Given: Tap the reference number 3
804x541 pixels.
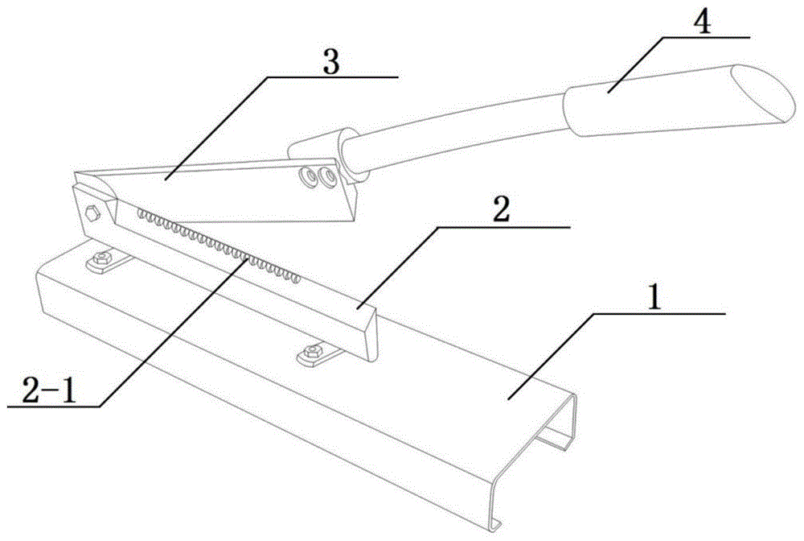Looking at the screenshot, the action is (x=331, y=63).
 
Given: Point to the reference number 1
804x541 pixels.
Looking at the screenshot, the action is (x=654, y=297).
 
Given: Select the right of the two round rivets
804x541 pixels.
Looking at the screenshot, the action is (x=326, y=176).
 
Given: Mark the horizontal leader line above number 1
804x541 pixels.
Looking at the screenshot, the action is (x=659, y=312).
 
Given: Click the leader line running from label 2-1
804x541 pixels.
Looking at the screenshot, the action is (x=173, y=332).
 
